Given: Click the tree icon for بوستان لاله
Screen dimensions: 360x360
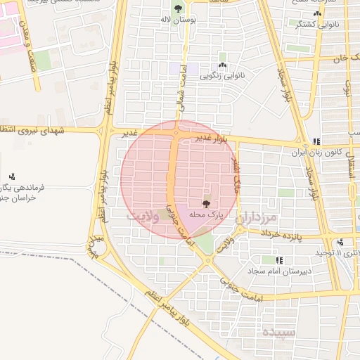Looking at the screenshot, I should click(176, 9).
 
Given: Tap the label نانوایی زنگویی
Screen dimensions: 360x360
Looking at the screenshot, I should click(221, 73).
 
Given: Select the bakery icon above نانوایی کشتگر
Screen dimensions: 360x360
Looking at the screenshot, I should click(317, 13).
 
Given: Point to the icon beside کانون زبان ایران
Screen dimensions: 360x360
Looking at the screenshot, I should click(316, 141).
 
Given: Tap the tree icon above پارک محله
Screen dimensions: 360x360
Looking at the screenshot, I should click(205, 203).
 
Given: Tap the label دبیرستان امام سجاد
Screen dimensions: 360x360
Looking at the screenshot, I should click(276, 270).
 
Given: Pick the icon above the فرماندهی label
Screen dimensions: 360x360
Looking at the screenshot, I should click(12, 176).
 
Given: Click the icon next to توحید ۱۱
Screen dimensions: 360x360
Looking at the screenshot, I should click(340, 243).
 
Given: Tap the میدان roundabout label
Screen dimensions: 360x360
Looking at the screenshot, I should click(95, 243).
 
